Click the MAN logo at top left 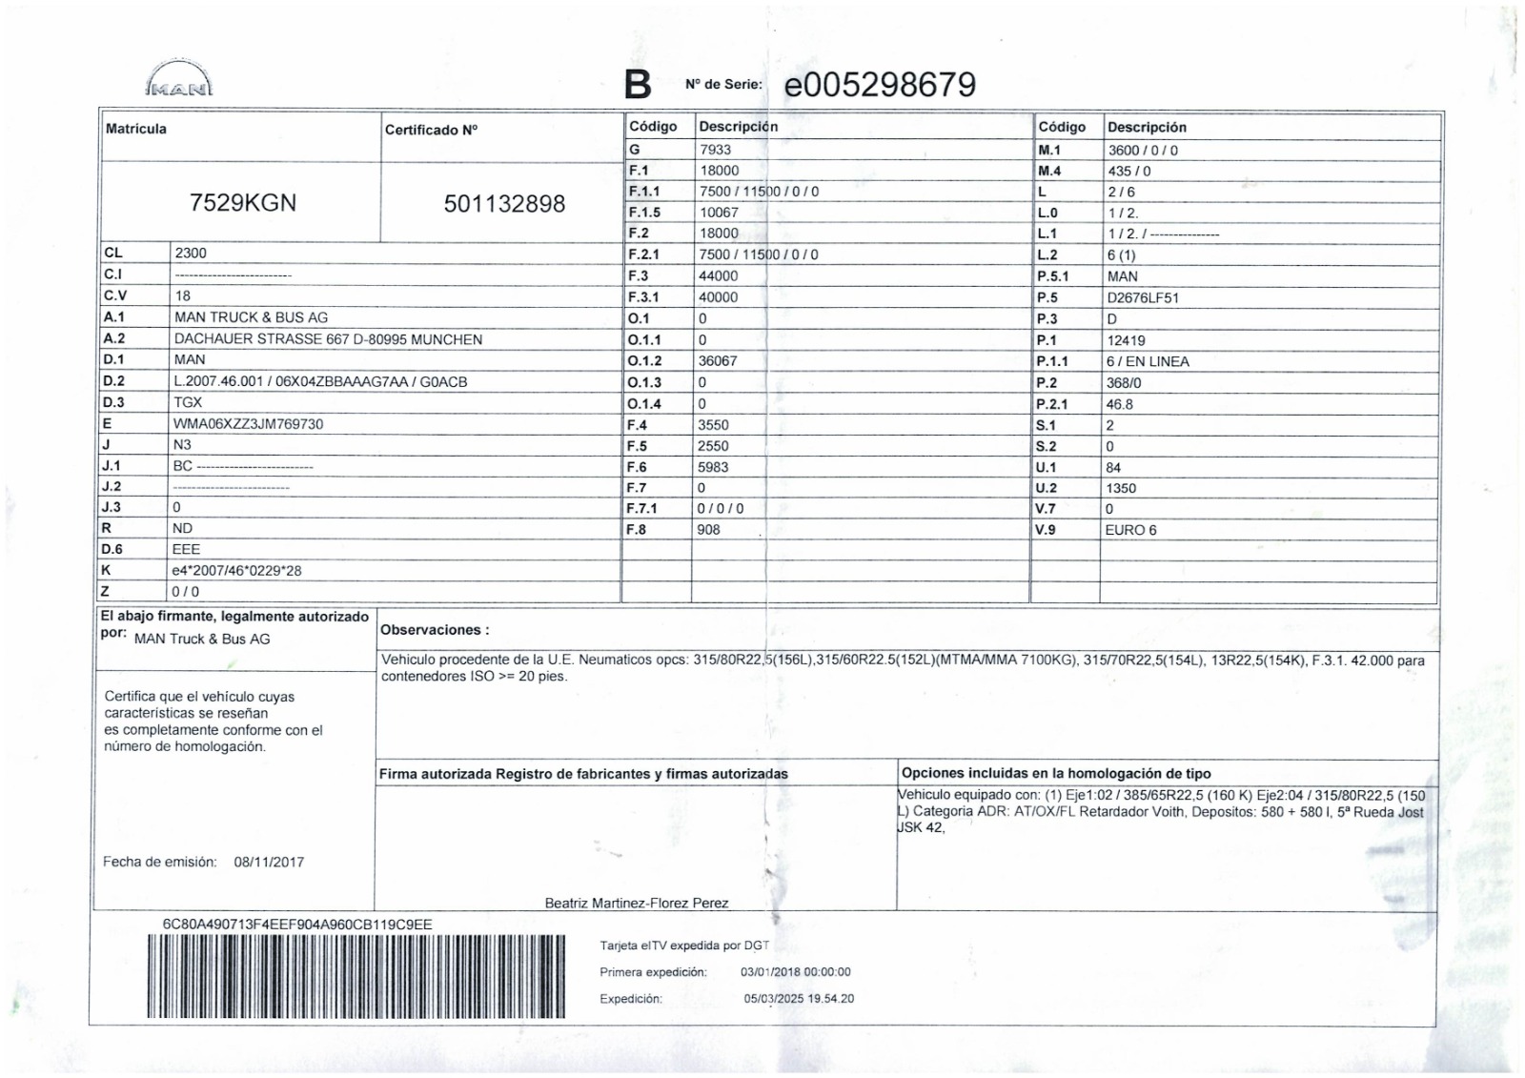pyautogui.click(x=179, y=80)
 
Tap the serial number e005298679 pyautogui.click(x=880, y=85)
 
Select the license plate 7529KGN pyautogui.click(x=243, y=203)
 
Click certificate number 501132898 pyautogui.click(x=504, y=204)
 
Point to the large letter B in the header pyautogui.click(x=638, y=85)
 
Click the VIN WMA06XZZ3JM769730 pyautogui.click(x=248, y=424)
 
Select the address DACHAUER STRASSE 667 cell pyautogui.click(x=328, y=339)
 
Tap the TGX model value pyautogui.click(x=188, y=402)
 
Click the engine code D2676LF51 pyautogui.click(x=1143, y=297)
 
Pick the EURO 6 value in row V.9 pyautogui.click(x=1130, y=530)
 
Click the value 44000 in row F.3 pyautogui.click(x=719, y=275)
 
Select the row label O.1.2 pyautogui.click(x=644, y=361)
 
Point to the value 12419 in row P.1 pyautogui.click(x=1126, y=340)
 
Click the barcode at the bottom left pyautogui.click(x=356, y=976)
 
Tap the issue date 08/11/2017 pyautogui.click(x=269, y=862)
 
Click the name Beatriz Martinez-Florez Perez pyautogui.click(x=637, y=903)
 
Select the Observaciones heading pyautogui.click(x=435, y=630)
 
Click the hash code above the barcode pyautogui.click(x=297, y=925)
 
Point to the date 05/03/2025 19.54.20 pyautogui.click(x=799, y=999)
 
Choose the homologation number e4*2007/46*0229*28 pyautogui.click(x=236, y=571)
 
